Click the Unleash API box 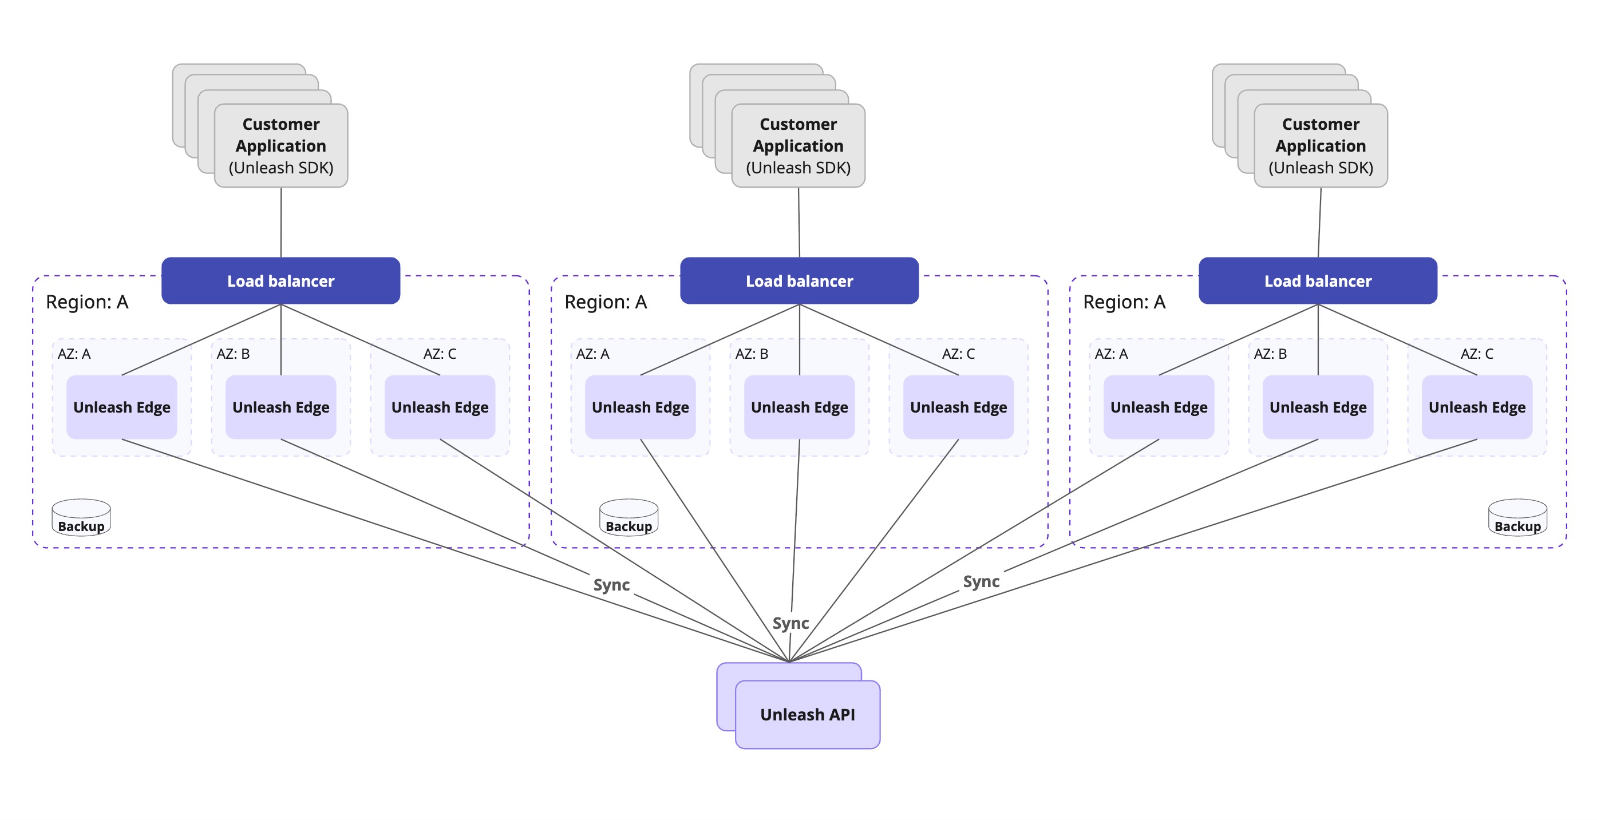coord(807,714)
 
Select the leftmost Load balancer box coord(280,281)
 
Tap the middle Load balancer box coord(799,281)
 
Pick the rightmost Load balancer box coord(1318,281)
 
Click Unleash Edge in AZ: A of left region coord(121,407)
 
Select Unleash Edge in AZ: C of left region coord(440,407)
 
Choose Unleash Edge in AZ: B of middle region coord(799,407)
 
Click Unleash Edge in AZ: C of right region coord(1477,407)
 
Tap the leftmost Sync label coord(611,584)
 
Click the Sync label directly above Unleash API coord(790,623)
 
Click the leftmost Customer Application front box coord(281,146)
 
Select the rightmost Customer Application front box coord(1321,146)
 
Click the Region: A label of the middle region coord(605,302)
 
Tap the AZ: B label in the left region coord(233,354)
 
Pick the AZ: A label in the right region coord(1111,354)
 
